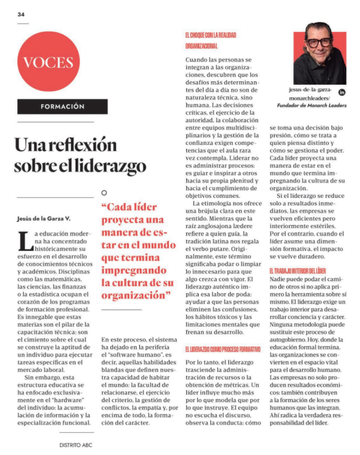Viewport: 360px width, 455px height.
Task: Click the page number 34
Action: (x=21, y=14)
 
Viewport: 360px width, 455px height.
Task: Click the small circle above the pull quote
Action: (x=104, y=193)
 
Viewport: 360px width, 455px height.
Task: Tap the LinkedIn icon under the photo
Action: (x=342, y=92)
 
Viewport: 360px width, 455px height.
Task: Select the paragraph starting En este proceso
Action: (x=137, y=381)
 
